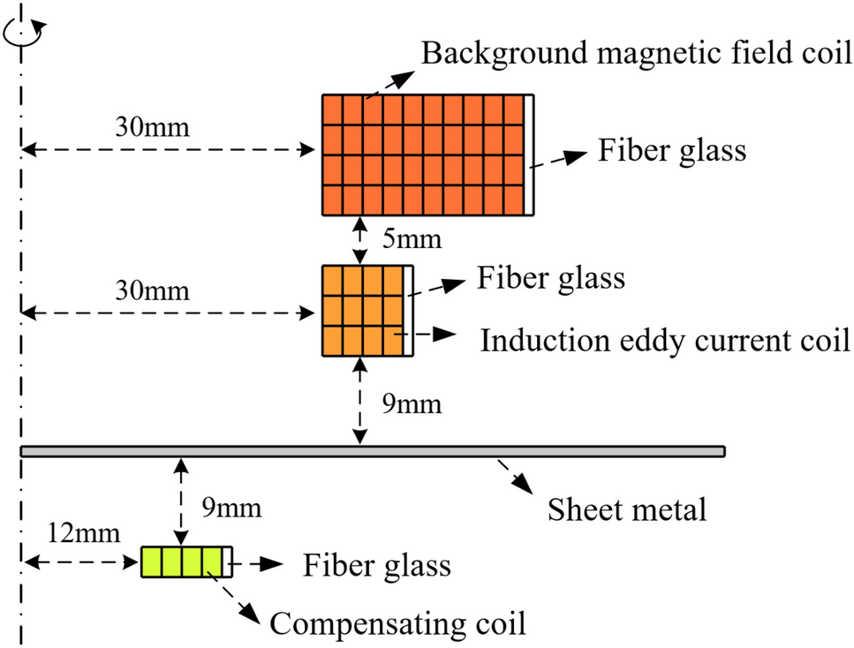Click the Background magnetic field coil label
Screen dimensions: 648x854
click(x=636, y=55)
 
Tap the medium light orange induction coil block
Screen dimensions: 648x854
click(x=362, y=310)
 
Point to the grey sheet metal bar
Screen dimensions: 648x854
click(x=371, y=451)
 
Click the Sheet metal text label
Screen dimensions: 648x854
click(x=627, y=509)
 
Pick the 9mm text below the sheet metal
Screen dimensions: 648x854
click(x=231, y=509)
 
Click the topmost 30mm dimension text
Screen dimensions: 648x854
click(x=152, y=126)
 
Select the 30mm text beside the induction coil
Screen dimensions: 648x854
click(x=152, y=290)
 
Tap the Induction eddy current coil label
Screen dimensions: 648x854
click(x=664, y=341)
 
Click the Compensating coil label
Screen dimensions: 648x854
click(x=397, y=624)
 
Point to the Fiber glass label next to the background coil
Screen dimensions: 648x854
click(x=672, y=150)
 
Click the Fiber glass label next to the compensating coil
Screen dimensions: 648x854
click(x=377, y=565)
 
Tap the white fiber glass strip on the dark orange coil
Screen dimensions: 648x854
click(x=529, y=154)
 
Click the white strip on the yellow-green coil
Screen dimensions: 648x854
click(x=229, y=561)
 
